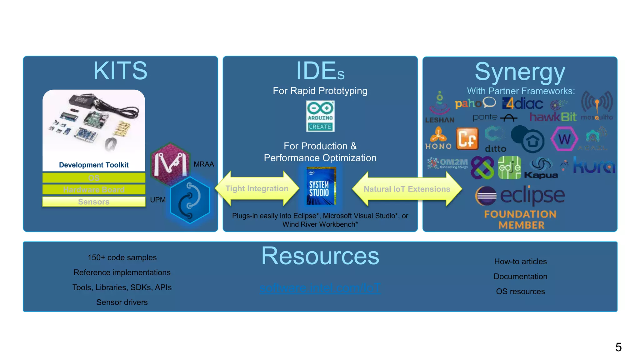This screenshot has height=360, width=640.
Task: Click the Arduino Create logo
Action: pyautogui.click(x=320, y=116)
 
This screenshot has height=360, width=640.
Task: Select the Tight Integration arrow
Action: pyautogui.click(x=257, y=188)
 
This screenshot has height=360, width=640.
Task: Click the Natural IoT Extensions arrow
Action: pyautogui.click(x=407, y=189)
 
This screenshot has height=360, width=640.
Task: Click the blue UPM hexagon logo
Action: pyautogui.click(x=190, y=200)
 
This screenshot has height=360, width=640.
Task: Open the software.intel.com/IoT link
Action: pyautogui.click(x=320, y=288)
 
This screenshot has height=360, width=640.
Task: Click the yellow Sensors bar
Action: pyautogui.click(x=94, y=202)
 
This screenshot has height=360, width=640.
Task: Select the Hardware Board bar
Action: pyautogui.click(x=94, y=189)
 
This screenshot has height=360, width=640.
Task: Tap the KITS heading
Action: pyautogui.click(x=120, y=71)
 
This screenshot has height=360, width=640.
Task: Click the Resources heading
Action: pyautogui.click(x=320, y=256)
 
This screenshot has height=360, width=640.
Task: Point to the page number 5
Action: pyautogui.click(x=618, y=347)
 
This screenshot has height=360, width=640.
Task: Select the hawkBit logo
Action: pyautogui.click(x=553, y=117)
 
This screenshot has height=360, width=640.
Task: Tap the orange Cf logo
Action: pyautogui.click(x=467, y=138)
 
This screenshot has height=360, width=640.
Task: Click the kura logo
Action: pyautogui.click(x=594, y=166)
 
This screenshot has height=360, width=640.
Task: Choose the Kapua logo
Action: pyautogui.click(x=541, y=169)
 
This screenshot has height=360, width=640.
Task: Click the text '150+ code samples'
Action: pyautogui.click(x=122, y=257)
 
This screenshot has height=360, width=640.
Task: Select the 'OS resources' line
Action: pyautogui.click(x=520, y=291)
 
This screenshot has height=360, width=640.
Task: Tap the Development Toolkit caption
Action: pyautogui.click(x=94, y=165)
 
